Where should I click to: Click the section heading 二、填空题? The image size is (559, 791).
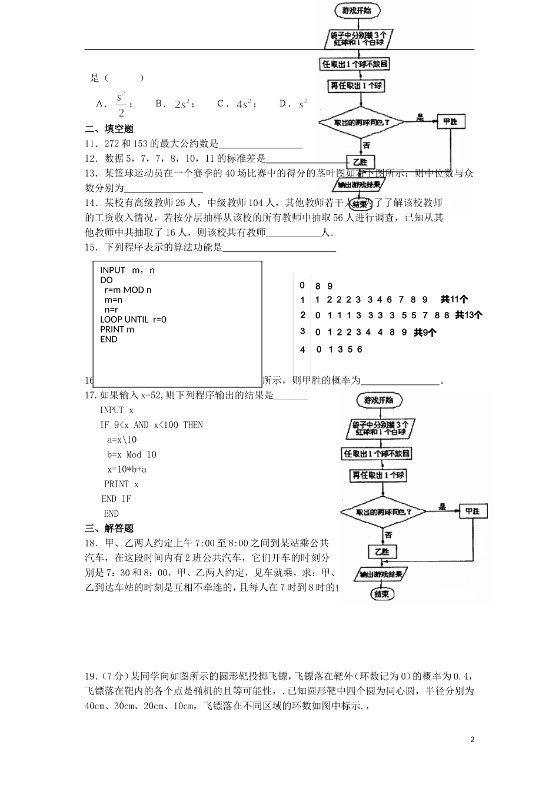[x=109, y=129]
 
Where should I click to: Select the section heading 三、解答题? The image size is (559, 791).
[x=109, y=528]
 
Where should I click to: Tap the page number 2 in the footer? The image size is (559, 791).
[x=472, y=739]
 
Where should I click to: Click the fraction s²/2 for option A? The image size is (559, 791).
[x=121, y=104]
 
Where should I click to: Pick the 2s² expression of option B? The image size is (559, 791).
[x=182, y=104]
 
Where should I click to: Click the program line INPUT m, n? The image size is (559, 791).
[x=127, y=270]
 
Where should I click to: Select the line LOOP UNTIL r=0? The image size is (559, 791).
[x=133, y=319]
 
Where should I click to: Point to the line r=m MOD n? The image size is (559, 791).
[x=128, y=290]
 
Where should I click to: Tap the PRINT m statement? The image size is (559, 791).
[x=117, y=329]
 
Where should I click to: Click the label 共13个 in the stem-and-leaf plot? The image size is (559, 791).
[x=468, y=315]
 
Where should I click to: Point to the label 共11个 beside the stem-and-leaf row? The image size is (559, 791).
[x=454, y=299]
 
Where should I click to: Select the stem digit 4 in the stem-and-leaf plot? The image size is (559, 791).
[x=302, y=350]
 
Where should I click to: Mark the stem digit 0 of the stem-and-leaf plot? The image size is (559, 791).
[x=302, y=285]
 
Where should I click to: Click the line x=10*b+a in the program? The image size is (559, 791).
[x=127, y=469]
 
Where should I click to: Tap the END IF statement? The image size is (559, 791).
[x=117, y=498]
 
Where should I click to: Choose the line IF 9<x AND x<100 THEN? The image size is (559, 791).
[x=151, y=425]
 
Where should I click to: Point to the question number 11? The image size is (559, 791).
[x=91, y=144]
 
